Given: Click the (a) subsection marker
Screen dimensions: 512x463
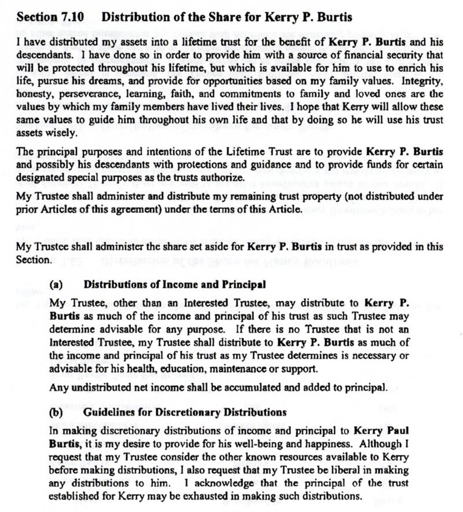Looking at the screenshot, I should (57, 284).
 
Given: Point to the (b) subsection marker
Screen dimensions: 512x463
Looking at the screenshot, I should (57, 412).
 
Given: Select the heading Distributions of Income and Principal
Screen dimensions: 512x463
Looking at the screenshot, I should (175, 284).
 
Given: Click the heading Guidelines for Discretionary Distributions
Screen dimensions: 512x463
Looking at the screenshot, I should (185, 412).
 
